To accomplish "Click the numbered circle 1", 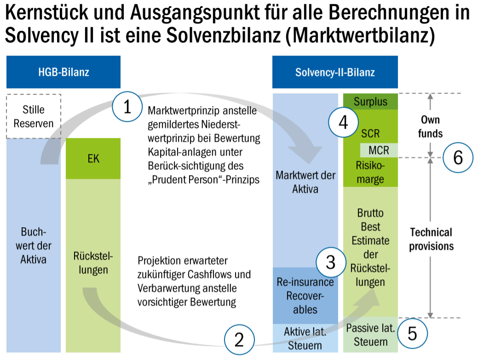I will pos(127,107).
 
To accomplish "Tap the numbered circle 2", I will pos(239,340).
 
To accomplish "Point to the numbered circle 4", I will pos(343,123).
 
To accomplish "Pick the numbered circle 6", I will pos(458,158).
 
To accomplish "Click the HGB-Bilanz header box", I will pos(63,72).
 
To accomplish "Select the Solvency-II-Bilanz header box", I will pos(335,72).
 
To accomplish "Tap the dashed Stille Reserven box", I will pos(34,116).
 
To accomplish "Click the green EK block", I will pos(93,159).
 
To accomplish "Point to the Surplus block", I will pos(370,102).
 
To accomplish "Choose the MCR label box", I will pos(379,150).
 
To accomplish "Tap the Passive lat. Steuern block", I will pos(370,335).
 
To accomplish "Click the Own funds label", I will pos(431,126).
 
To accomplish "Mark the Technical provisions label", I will pos(431,239).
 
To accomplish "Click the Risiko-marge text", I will pos(370,172).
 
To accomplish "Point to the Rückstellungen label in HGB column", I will pos(93,263).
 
